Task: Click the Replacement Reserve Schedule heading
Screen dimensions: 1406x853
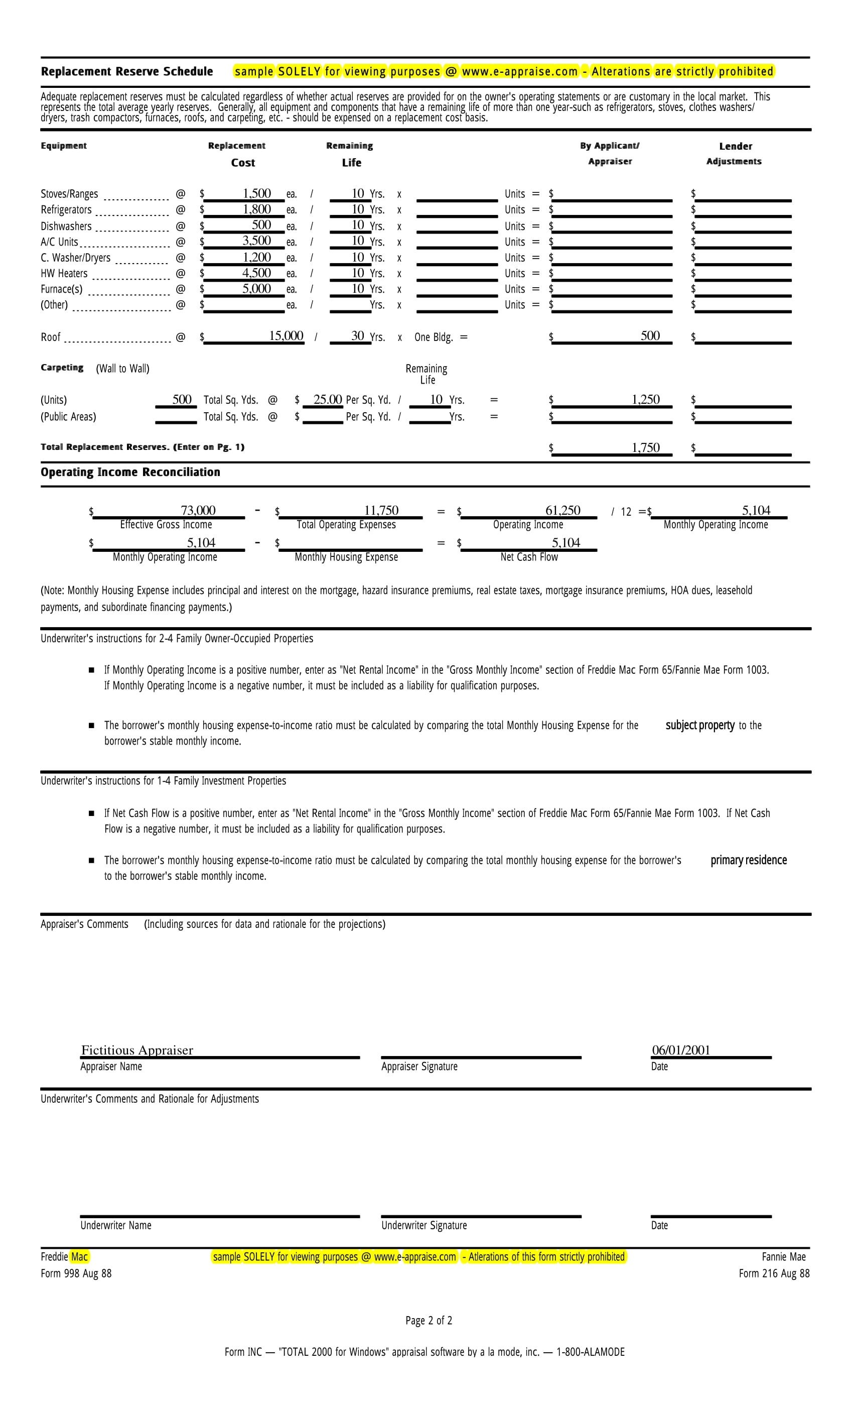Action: click(126, 71)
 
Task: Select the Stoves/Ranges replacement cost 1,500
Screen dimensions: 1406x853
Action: click(256, 193)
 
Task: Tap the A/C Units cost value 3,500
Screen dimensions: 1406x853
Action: click(256, 241)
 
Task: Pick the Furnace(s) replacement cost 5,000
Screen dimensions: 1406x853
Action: click(256, 289)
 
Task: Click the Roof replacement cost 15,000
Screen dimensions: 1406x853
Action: click(286, 336)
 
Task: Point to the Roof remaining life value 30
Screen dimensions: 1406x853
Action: click(357, 336)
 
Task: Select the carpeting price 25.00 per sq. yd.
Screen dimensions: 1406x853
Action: click(327, 399)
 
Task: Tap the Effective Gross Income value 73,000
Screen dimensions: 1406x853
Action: click(198, 510)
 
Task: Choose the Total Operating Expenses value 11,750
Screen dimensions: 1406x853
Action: click(381, 510)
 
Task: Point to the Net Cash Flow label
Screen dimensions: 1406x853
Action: click(529, 557)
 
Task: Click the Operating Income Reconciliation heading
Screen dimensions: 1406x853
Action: click(130, 473)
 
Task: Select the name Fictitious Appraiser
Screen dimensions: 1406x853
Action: click(137, 1050)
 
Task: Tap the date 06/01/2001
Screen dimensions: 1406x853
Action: click(681, 1050)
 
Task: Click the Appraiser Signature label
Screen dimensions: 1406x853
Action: click(419, 1067)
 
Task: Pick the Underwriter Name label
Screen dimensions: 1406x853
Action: click(116, 1225)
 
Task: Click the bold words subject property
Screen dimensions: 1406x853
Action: click(699, 725)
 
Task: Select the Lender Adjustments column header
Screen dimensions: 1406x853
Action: click(735, 154)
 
